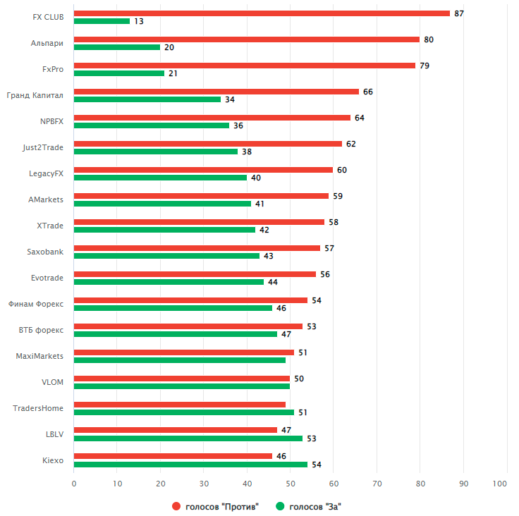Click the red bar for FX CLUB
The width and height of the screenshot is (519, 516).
click(262, 13)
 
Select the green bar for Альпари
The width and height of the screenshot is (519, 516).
click(117, 47)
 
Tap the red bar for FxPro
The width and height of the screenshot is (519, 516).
click(245, 66)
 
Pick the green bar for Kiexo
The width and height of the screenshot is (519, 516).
click(190, 465)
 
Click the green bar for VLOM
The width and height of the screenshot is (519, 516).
click(182, 386)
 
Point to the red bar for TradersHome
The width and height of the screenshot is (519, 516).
click(180, 405)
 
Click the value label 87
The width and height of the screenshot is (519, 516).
click(459, 13)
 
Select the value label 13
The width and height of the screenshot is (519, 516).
click(139, 21)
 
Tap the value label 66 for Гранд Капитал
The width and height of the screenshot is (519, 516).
click(368, 92)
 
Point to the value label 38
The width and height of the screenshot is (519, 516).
click(247, 152)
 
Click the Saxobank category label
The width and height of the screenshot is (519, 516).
click(45, 252)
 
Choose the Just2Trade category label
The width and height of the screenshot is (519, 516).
click(43, 147)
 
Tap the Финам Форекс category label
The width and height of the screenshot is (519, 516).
click(36, 304)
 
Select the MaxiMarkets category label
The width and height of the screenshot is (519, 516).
click(39, 356)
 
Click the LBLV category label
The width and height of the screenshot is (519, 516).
click(54, 434)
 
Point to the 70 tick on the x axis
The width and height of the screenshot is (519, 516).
click(377, 484)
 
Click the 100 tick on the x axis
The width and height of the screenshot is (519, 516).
click(500, 484)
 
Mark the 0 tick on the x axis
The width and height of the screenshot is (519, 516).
click(74, 484)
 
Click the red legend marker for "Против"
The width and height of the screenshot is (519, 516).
click(176, 506)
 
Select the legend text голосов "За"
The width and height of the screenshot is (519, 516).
click(315, 506)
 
